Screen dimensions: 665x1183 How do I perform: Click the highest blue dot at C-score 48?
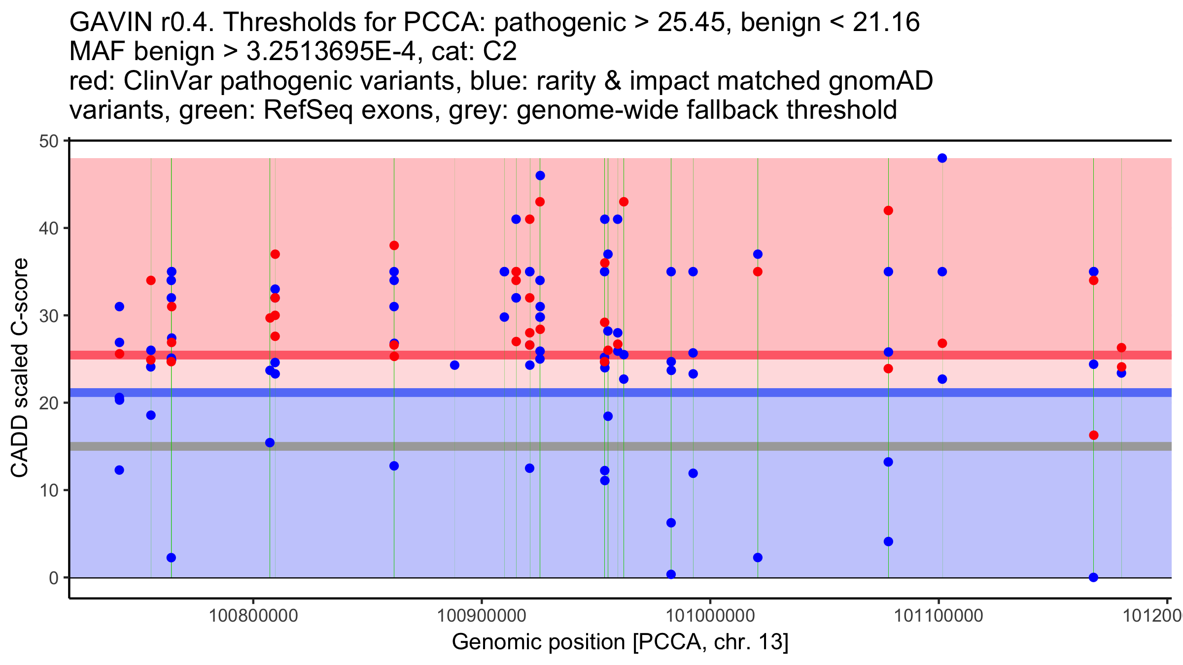coord(942,158)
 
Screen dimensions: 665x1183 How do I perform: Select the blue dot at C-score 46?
coord(540,176)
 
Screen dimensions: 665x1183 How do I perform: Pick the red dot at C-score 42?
coord(888,211)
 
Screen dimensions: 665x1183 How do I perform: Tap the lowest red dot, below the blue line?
coord(1093,435)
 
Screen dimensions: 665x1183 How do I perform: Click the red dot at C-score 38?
coord(394,246)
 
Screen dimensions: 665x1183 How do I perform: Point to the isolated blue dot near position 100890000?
coord(454,366)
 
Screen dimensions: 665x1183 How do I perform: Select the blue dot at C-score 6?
coord(671,523)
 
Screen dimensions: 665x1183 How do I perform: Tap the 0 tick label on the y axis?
coord(53,578)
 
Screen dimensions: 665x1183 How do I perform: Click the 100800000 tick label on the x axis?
coord(253,616)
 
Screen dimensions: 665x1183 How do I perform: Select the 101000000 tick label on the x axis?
coord(710,616)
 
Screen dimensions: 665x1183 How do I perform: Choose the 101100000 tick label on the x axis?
coord(939,616)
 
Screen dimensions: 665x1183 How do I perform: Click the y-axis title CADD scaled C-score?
coord(20,367)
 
